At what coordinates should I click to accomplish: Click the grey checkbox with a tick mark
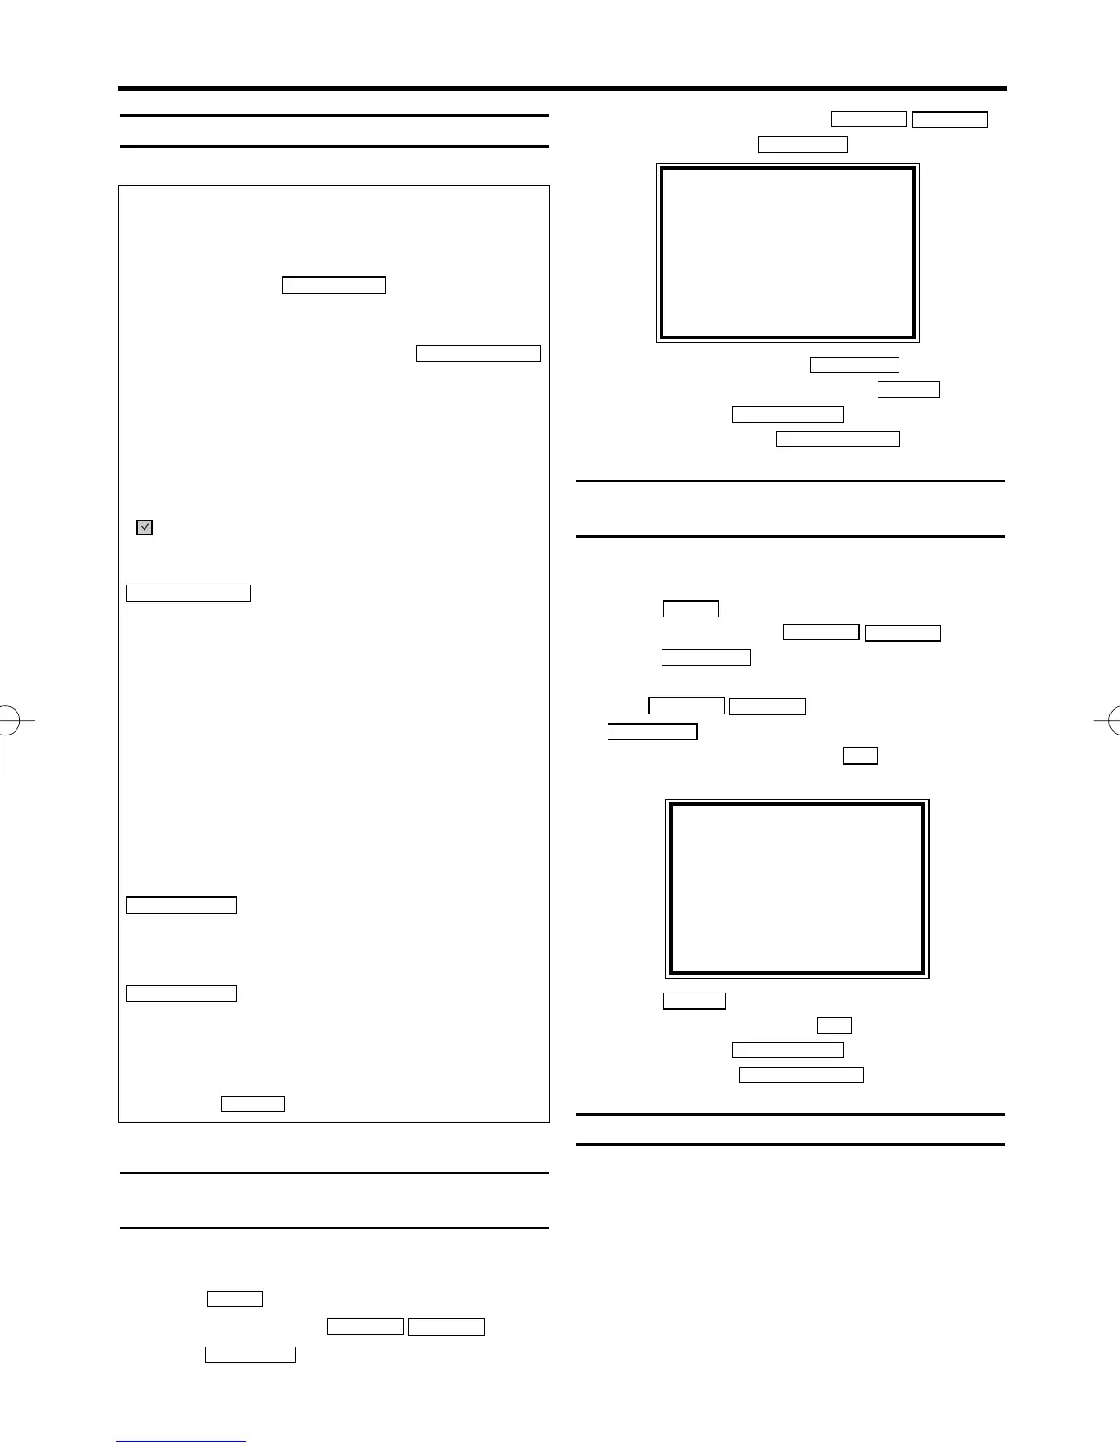pyautogui.click(x=145, y=527)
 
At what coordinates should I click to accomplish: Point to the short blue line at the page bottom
pyautogui.click(x=181, y=1442)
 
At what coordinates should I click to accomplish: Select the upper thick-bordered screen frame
pyautogui.click(x=788, y=252)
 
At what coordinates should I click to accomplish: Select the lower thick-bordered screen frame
pyautogui.click(x=797, y=888)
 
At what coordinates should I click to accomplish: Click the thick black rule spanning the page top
pyautogui.click(x=563, y=89)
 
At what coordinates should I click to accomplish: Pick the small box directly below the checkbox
pyautogui.click(x=188, y=593)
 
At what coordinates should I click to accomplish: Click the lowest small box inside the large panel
pyautogui.click(x=253, y=1104)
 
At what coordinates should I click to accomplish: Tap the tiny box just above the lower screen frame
pyautogui.click(x=859, y=756)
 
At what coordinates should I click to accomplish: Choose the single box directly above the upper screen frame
pyautogui.click(x=802, y=145)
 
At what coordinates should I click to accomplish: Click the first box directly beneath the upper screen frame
pyautogui.click(x=855, y=366)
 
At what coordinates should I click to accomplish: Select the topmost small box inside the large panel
pyautogui.click(x=334, y=284)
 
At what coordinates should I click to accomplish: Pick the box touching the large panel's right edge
pyautogui.click(x=478, y=354)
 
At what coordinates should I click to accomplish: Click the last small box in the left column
pyautogui.click(x=250, y=1355)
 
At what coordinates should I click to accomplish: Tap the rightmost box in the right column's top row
pyautogui.click(x=950, y=119)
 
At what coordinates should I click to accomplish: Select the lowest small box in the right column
pyautogui.click(x=801, y=1075)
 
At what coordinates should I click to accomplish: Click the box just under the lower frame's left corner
pyautogui.click(x=694, y=1001)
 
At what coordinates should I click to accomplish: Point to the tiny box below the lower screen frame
pyautogui.click(x=834, y=1025)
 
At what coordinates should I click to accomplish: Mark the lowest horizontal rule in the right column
pyautogui.click(x=791, y=1144)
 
